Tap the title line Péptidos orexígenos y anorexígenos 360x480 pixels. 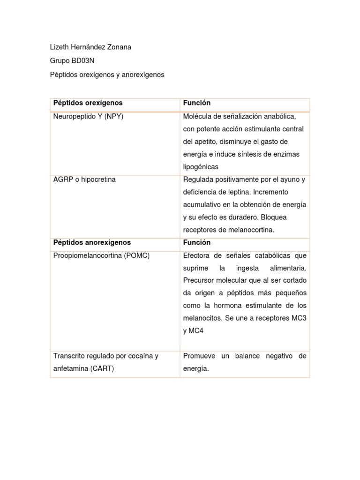click(107, 75)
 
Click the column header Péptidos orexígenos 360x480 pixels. click(88, 103)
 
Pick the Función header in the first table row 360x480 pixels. click(197, 103)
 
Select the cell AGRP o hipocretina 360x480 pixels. click(84, 180)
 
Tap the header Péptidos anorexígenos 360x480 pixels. click(92, 242)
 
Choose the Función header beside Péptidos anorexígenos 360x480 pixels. click(197, 242)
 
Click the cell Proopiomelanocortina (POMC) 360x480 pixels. click(102, 255)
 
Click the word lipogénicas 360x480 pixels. click(201, 167)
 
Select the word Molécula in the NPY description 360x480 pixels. click(197, 116)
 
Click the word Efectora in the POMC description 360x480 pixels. click(197, 255)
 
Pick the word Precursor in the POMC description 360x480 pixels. click(199, 280)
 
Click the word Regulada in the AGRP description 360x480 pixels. click(198, 180)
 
